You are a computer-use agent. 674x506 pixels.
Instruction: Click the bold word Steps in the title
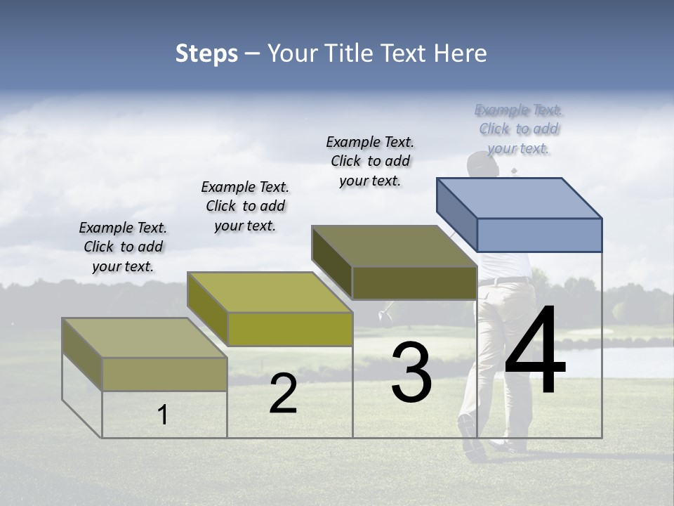(206, 53)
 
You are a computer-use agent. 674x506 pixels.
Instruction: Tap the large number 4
(535, 351)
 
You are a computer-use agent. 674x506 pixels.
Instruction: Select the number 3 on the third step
(411, 372)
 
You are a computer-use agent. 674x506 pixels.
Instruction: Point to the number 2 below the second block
(283, 394)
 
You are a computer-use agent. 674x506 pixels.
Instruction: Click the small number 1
(163, 415)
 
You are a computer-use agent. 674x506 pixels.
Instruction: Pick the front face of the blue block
(539, 235)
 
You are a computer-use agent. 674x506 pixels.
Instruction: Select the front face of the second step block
(290, 329)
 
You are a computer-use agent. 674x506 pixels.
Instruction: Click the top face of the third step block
(393, 246)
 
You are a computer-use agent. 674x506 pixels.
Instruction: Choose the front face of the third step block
(414, 283)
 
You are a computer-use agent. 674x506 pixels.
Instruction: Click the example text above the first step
(123, 247)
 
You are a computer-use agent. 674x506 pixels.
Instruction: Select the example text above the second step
(245, 206)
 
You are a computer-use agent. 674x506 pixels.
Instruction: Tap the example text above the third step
(370, 161)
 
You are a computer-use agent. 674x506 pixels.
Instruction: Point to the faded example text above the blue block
(518, 129)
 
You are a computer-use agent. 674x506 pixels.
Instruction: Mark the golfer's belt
(504, 281)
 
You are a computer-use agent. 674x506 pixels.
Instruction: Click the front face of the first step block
(164, 374)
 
